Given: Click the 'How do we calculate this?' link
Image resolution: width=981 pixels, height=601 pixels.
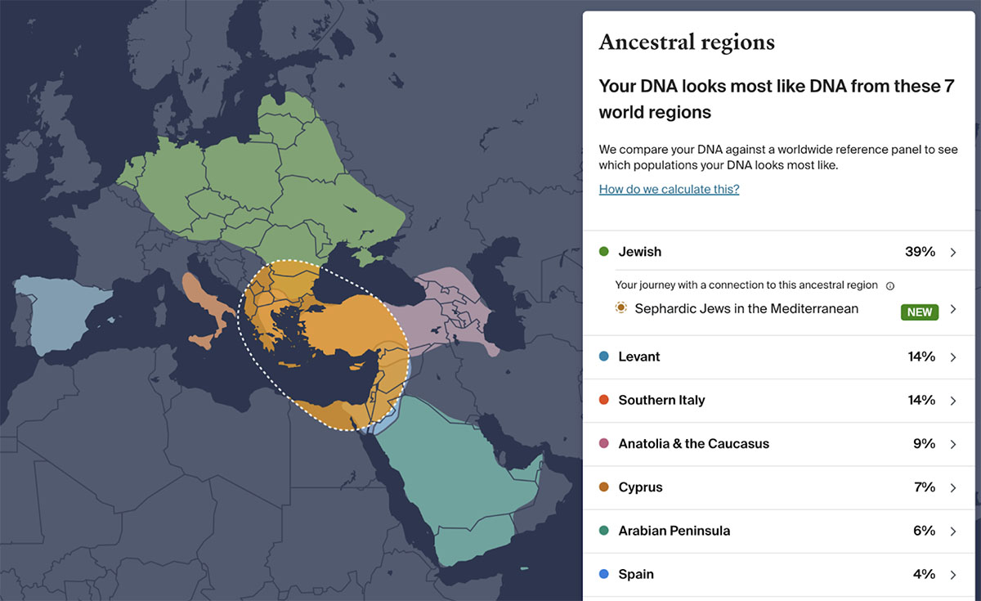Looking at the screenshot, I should [x=669, y=189].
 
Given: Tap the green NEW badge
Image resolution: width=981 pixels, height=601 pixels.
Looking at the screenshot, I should [x=919, y=312].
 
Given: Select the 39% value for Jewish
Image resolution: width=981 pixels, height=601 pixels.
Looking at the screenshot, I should [x=920, y=252].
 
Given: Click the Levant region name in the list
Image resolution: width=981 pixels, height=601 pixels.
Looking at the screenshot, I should [x=639, y=357].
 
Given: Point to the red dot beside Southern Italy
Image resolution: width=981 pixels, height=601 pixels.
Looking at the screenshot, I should [x=604, y=400].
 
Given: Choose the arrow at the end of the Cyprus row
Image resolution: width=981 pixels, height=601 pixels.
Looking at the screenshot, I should [x=953, y=487].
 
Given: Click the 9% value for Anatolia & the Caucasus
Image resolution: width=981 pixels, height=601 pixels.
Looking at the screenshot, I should [x=924, y=444].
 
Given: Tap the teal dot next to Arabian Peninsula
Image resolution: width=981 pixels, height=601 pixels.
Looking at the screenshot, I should [x=604, y=531].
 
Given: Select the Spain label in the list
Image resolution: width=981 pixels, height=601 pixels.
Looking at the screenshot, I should [x=636, y=574].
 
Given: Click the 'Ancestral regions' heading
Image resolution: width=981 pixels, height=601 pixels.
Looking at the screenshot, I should [x=687, y=43].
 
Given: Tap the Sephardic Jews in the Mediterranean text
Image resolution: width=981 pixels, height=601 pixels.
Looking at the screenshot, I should [x=746, y=309].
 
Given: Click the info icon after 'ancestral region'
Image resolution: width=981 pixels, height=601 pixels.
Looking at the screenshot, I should [x=890, y=285].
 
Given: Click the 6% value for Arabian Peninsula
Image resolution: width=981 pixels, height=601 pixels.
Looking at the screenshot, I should [x=924, y=531].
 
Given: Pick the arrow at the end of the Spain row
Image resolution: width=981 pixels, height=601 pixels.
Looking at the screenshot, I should [x=953, y=574].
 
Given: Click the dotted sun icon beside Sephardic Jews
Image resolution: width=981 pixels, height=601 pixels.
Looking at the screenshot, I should [x=621, y=308].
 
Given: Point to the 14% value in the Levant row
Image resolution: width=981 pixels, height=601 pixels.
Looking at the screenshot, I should [x=921, y=357].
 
